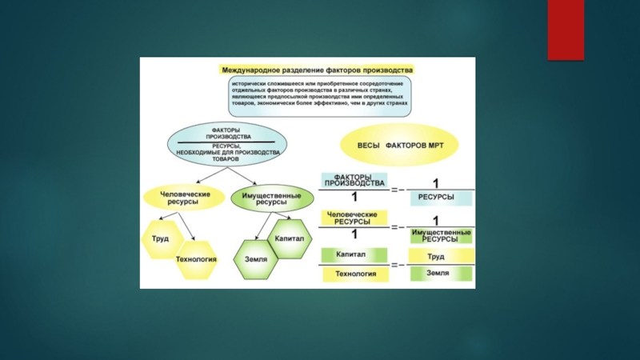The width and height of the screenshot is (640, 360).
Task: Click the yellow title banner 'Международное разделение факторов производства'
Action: (318, 70)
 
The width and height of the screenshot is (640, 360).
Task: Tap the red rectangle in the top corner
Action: (566, 30)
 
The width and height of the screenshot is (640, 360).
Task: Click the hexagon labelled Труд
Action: (160, 238)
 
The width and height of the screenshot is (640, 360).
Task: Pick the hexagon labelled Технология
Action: (196, 258)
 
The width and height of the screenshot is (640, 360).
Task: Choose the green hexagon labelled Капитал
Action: (288, 238)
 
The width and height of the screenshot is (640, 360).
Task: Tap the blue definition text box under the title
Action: (318, 93)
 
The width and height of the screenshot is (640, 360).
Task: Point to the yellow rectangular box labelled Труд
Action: (436, 256)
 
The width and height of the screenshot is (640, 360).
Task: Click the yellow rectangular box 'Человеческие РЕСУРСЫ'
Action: (353, 218)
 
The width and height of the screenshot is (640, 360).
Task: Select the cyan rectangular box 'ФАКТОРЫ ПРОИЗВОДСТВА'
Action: (353, 180)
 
